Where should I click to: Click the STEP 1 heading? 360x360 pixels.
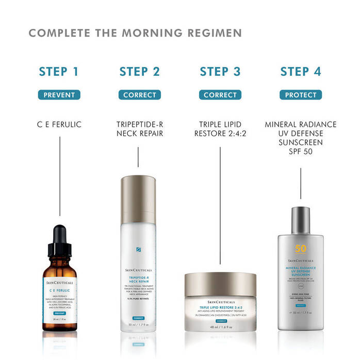click(x=59, y=71)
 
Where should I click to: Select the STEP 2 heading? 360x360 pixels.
click(x=140, y=71)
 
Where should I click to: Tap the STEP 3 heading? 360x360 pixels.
click(x=220, y=71)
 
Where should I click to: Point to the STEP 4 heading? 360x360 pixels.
click(x=301, y=71)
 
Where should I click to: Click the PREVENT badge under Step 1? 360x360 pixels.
click(x=59, y=95)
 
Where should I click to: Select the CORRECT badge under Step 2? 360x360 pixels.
click(x=140, y=95)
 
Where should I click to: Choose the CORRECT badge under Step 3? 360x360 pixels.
click(x=220, y=95)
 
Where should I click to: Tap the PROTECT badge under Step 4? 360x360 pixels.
click(x=301, y=95)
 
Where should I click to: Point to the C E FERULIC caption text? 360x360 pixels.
click(x=59, y=124)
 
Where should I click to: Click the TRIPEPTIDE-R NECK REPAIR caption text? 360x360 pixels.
click(x=140, y=129)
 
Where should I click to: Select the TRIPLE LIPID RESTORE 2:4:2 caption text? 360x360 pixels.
click(x=220, y=129)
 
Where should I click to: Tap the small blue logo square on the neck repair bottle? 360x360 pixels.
click(x=138, y=249)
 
